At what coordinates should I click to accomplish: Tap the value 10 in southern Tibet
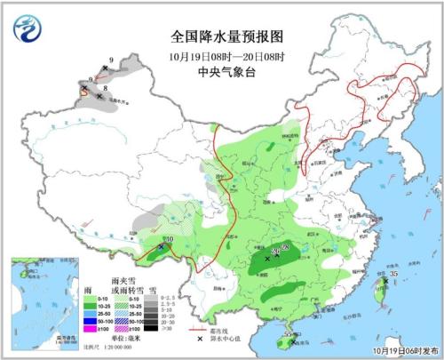(x=169, y=239)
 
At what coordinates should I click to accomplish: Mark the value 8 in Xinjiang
(x=105, y=89)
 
